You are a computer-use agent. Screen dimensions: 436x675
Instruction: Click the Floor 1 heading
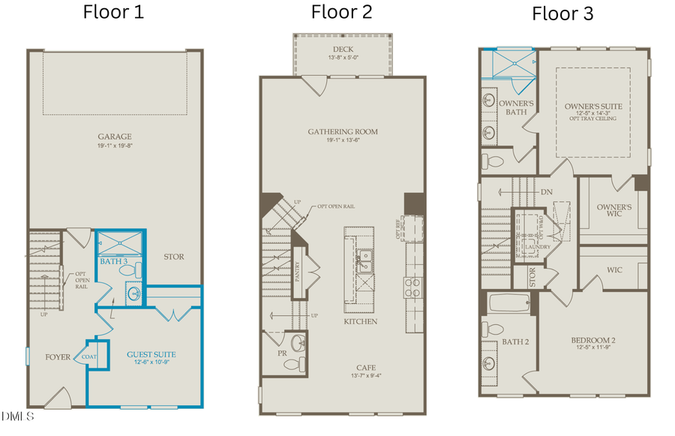pyautogui.click(x=113, y=12)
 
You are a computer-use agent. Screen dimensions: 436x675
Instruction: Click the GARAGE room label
pyautogui.click(x=114, y=137)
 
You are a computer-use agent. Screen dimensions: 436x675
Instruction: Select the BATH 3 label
pyautogui.click(x=114, y=261)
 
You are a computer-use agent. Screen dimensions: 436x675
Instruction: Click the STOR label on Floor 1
pyautogui.click(x=173, y=257)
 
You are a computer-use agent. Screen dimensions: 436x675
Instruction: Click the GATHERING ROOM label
pyautogui.click(x=342, y=131)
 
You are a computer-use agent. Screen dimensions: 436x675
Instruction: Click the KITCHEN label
pyautogui.click(x=360, y=321)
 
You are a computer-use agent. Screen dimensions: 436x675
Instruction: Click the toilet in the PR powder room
pyautogui.click(x=291, y=364)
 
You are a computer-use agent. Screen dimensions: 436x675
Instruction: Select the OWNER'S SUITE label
pyautogui.click(x=592, y=107)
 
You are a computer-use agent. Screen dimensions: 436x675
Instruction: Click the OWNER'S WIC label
pyautogui.click(x=613, y=211)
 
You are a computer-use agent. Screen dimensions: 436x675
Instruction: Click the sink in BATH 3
pyautogui.click(x=133, y=293)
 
